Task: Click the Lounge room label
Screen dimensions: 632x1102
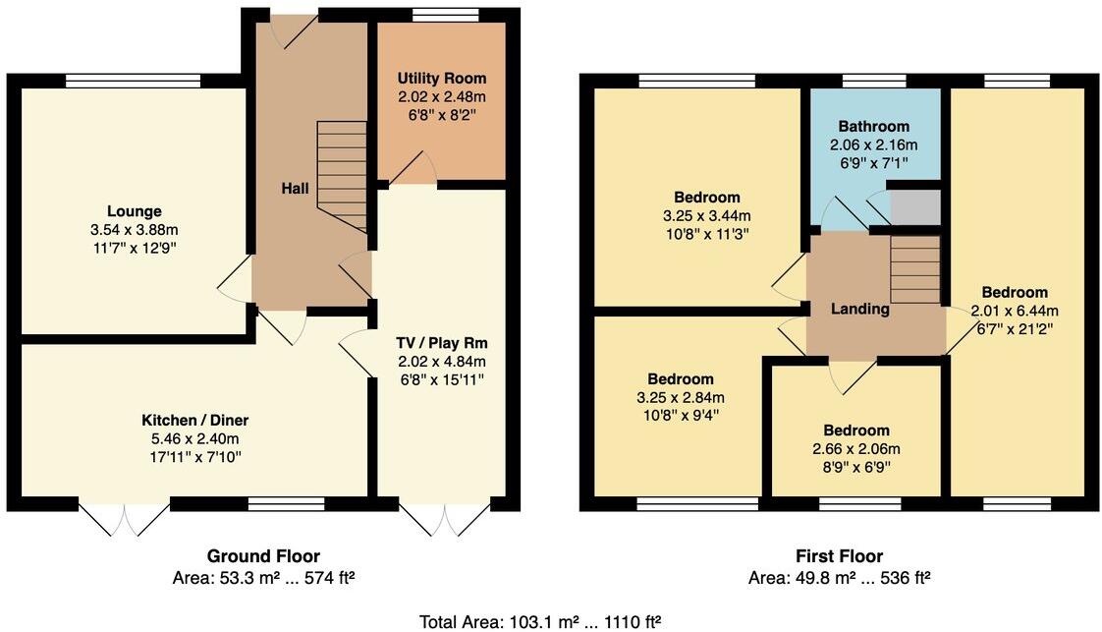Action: tap(134, 211)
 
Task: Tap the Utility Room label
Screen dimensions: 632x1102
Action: tap(441, 79)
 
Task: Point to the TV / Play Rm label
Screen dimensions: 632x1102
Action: tap(441, 343)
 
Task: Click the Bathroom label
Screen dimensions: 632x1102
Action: tap(873, 127)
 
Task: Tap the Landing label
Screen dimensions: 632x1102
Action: tap(859, 309)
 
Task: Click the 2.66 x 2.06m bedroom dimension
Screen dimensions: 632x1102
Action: tap(855, 448)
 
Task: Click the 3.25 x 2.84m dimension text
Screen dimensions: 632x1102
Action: tap(680, 397)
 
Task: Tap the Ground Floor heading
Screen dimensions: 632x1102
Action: tap(262, 556)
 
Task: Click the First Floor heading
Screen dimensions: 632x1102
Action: tap(838, 556)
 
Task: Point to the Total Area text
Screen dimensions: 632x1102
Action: tap(539, 621)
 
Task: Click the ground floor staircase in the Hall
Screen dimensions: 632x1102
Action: tap(343, 177)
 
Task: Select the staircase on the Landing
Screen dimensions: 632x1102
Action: tap(914, 268)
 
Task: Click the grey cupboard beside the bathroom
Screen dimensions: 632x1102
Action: tap(914, 207)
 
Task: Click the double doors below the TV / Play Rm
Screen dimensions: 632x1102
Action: tap(444, 518)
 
